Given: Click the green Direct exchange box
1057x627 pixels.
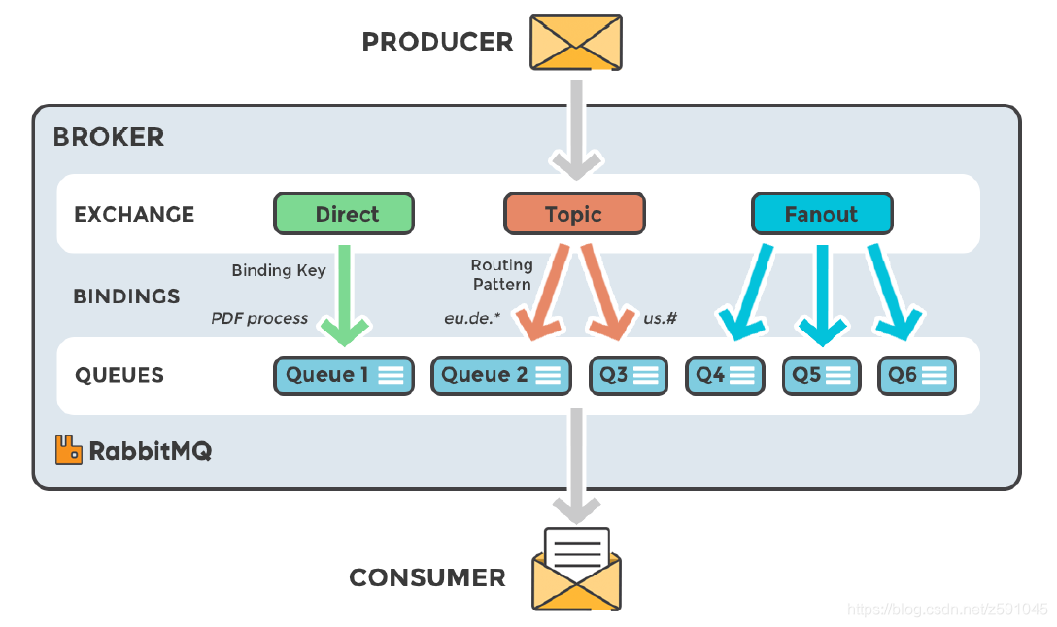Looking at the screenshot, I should tap(344, 214).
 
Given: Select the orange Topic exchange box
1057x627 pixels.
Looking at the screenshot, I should tap(573, 214).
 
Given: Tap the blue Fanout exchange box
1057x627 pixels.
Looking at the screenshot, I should tap(821, 214).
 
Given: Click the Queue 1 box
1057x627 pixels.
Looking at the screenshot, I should tap(344, 375).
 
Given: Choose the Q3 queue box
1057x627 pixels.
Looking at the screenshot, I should tap(628, 375).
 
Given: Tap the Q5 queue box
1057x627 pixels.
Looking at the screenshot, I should tap(821, 375).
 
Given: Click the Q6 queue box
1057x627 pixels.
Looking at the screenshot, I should tap(916, 375).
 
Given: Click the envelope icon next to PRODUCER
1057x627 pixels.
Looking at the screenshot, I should tap(575, 42).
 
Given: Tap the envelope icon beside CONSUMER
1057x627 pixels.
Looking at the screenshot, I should tap(576, 571).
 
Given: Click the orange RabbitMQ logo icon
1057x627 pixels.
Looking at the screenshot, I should tap(68, 449).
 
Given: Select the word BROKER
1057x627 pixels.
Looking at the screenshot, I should tap(109, 137).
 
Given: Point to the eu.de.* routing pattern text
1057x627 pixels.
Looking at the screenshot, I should tap(472, 318).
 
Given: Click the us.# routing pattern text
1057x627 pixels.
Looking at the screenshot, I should tap(661, 318).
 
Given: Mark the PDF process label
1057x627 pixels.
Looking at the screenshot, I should tap(259, 318).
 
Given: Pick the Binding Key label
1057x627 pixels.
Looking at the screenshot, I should tap(279, 270).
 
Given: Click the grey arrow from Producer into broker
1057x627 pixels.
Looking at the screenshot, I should tap(577, 126).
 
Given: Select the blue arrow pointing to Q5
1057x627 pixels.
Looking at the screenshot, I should tap(822, 292).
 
